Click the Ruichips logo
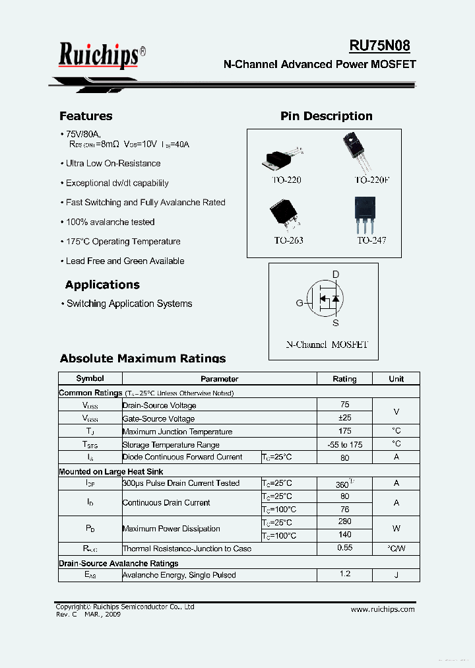coord(99,55)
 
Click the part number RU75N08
coord(379,46)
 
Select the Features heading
coord(86,116)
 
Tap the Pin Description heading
coord(326,116)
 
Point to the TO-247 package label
coord(371,240)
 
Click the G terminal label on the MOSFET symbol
coord(299,304)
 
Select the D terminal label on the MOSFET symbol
coord(335,275)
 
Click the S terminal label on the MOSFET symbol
coord(335,323)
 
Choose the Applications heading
coord(102,285)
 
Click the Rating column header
coord(344,379)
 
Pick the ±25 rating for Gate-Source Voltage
coord(344,418)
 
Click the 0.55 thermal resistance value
coord(344,548)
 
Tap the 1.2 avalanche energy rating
coord(344,574)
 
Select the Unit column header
coord(396,379)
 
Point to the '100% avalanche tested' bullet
coord(110,222)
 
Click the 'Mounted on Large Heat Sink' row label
coord(111,471)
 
